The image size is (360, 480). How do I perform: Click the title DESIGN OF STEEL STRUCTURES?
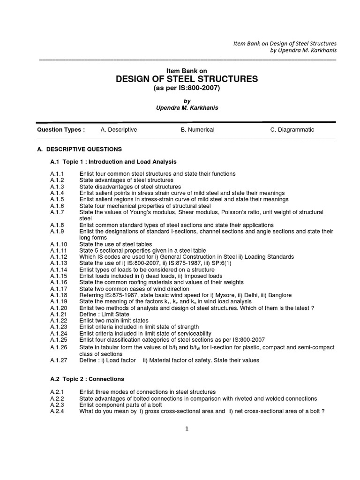[x=187, y=79]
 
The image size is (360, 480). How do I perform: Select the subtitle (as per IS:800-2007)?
[x=187, y=88]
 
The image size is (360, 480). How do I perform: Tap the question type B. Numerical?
[x=197, y=130]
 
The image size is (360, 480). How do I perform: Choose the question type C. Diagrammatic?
[x=292, y=130]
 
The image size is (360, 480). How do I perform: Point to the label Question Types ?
[x=61, y=130]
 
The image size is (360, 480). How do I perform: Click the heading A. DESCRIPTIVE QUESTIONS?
[x=79, y=149]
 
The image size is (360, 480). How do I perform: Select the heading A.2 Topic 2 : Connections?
[x=87, y=379]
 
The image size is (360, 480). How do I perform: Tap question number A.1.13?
[x=59, y=263]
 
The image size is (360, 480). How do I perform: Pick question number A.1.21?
[x=59, y=314]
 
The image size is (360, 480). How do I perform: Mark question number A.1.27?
[x=59, y=360]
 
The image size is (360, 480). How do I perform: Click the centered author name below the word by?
[x=187, y=108]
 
